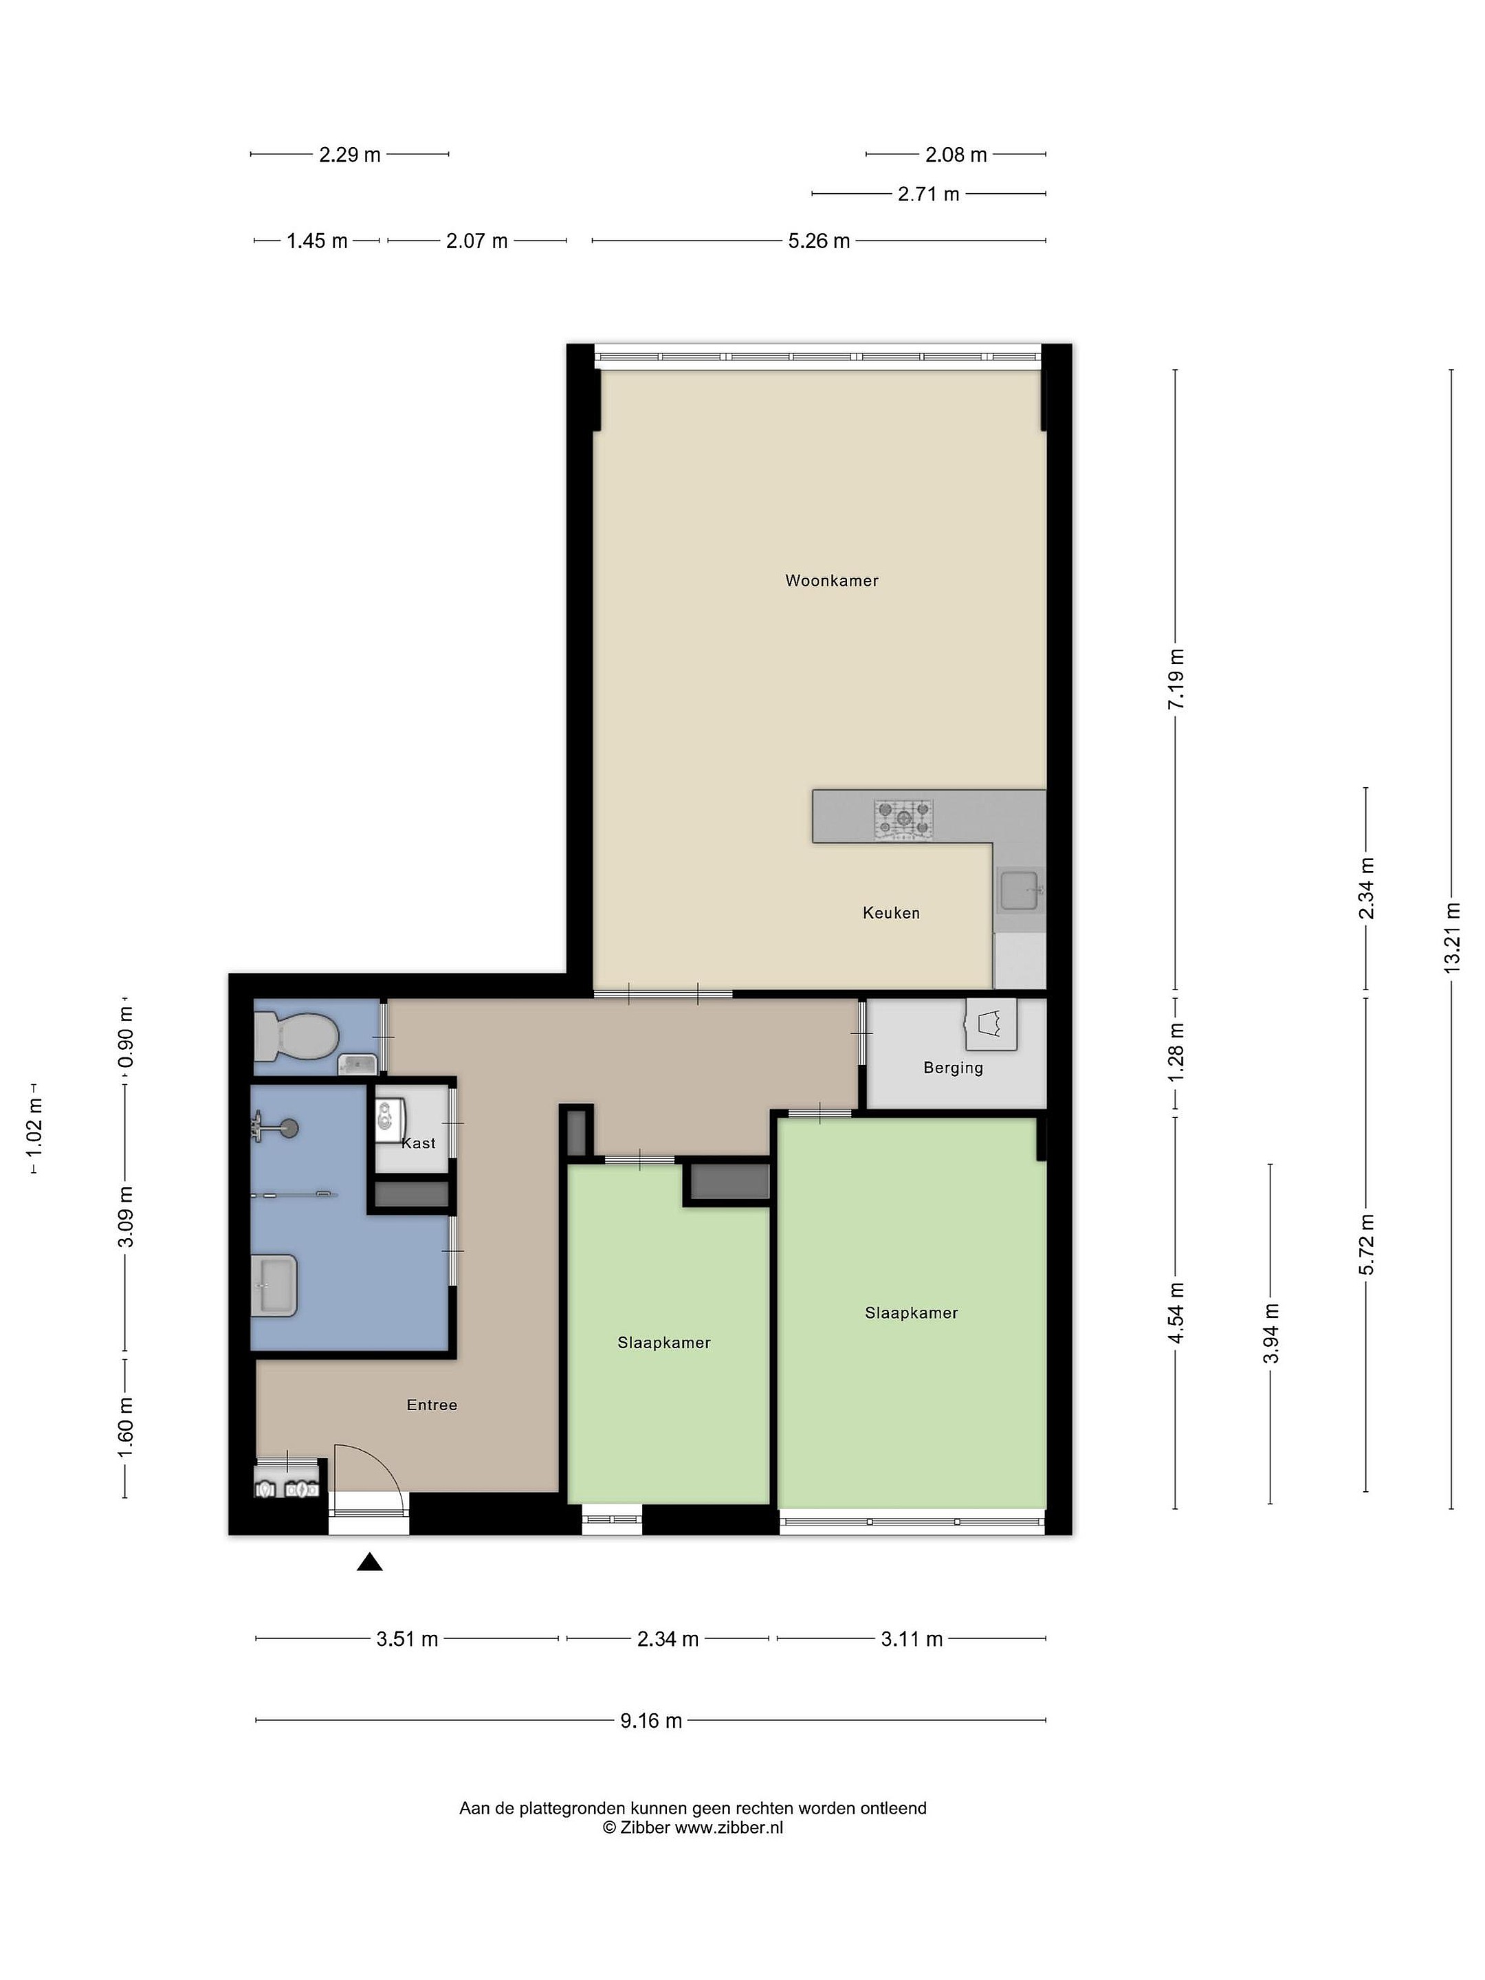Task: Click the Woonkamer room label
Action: click(832, 580)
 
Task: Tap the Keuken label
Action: click(890, 912)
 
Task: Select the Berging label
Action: click(952, 1068)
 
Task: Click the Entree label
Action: click(432, 1405)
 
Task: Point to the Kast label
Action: click(418, 1143)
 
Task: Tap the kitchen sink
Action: click(1020, 890)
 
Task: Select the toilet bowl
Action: click(296, 1037)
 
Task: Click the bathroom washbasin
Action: click(275, 1286)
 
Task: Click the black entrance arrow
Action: click(370, 1562)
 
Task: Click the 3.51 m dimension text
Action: click(407, 1639)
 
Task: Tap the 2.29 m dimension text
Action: click(350, 155)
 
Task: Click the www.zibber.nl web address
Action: click(729, 1828)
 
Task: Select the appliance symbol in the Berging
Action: click(991, 1023)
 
